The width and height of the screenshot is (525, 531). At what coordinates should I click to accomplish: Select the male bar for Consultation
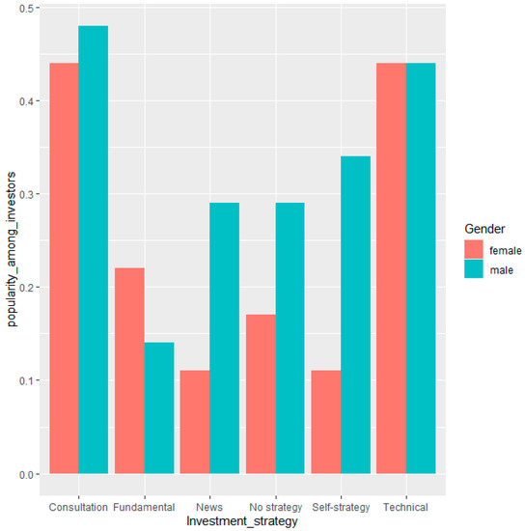93,250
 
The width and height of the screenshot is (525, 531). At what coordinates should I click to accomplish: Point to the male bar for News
224,338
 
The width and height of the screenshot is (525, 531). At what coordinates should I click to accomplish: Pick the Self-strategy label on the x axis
341,505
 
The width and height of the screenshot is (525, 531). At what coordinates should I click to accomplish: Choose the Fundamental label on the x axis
144,505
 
